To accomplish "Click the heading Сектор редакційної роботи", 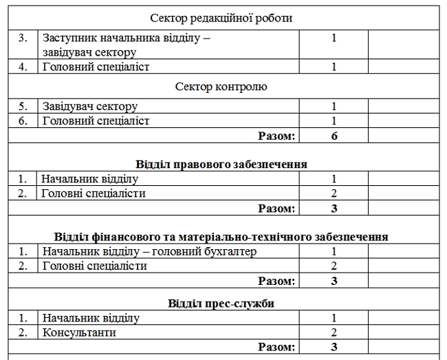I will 224,18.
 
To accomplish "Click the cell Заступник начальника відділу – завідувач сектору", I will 126,45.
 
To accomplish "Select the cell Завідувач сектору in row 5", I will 90,106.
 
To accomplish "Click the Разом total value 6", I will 334,136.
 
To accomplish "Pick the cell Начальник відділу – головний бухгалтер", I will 149,251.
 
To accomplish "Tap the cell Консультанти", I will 78,332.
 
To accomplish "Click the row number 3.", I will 23,38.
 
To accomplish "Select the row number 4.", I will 23,67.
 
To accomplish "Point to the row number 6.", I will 23,120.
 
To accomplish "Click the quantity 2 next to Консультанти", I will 334,332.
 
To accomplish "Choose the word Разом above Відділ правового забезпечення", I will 276,136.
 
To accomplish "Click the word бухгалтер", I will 229,251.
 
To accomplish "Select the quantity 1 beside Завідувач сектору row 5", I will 334,106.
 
